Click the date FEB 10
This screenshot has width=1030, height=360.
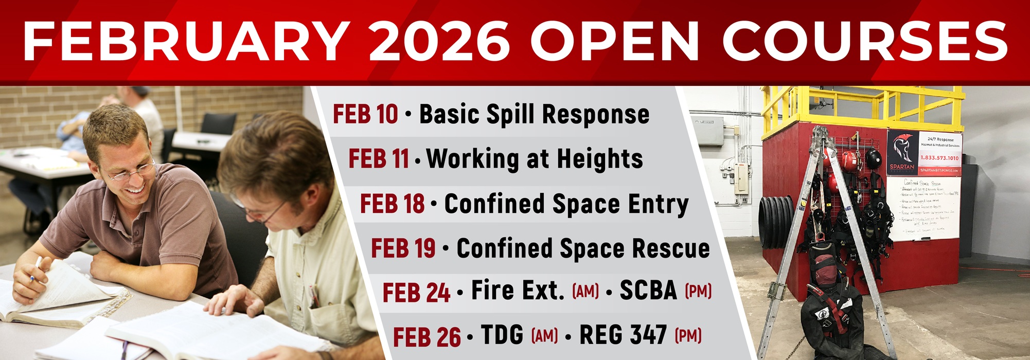(365, 114)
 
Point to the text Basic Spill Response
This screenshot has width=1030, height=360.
(534, 114)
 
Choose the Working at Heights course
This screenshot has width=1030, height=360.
(535, 159)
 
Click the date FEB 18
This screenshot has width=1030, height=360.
(392, 204)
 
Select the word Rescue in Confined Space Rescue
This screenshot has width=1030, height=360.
(671, 248)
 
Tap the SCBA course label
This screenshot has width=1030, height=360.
(648, 291)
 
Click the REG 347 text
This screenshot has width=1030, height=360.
(623, 335)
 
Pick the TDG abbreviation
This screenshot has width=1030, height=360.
(502, 335)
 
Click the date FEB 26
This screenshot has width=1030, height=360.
(427, 337)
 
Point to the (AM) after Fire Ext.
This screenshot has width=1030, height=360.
(585, 292)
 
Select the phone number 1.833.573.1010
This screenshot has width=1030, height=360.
(939, 158)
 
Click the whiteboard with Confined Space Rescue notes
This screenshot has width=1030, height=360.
(923, 208)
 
